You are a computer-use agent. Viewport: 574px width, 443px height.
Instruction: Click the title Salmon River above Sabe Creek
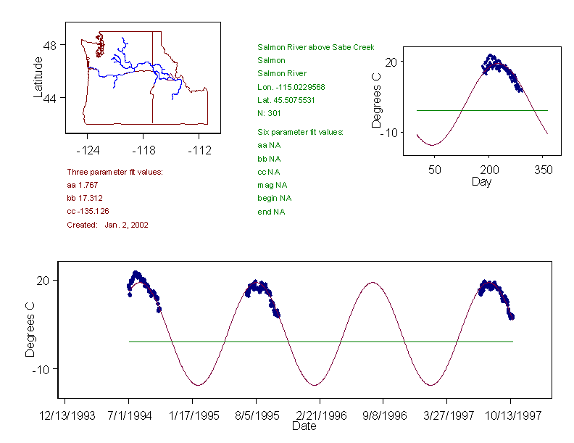[315, 48]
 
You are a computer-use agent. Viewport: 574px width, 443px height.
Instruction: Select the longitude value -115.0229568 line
[291, 87]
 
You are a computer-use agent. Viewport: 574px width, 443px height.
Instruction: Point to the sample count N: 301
[270, 113]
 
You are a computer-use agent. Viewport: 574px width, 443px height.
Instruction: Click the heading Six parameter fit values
[300, 132]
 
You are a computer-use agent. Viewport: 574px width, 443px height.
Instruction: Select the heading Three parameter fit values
[115, 172]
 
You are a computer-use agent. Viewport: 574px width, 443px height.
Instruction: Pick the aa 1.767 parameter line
[82, 185]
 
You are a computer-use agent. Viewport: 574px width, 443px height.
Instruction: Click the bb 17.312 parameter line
[84, 198]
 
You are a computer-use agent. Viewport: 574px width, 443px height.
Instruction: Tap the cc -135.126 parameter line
[88, 211]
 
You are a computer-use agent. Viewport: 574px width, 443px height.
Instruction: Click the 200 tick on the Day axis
[488, 169]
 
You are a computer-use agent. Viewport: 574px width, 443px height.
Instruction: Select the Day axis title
[481, 181]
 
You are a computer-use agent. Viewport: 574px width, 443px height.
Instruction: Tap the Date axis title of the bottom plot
[304, 426]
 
